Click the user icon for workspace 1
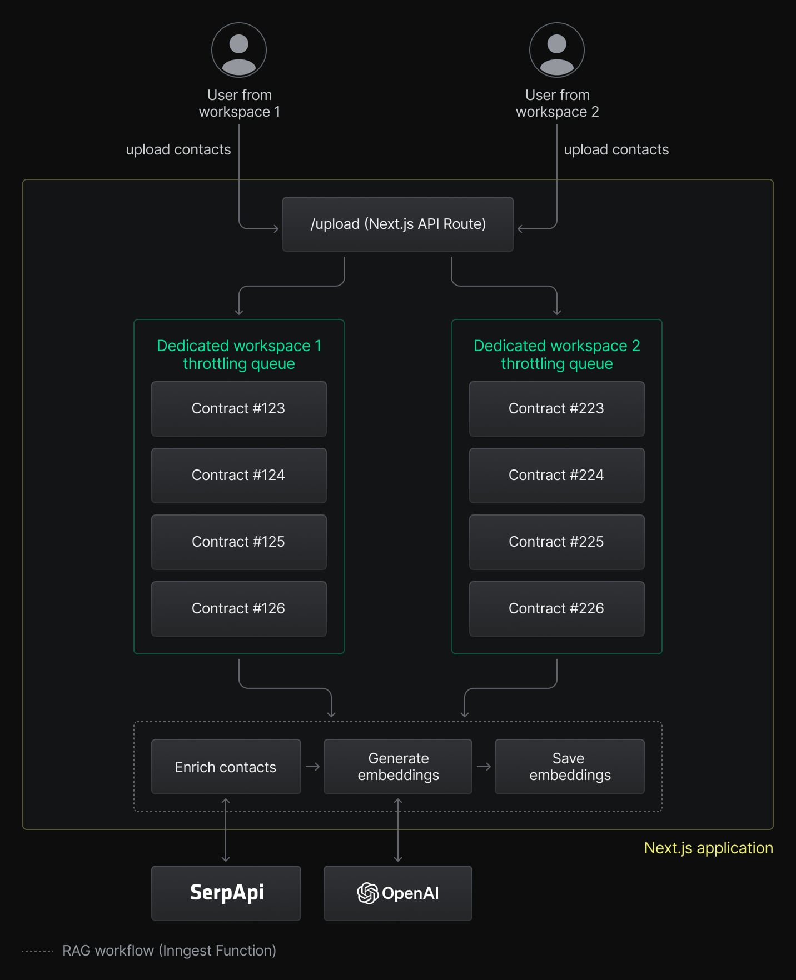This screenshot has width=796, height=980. tap(239, 50)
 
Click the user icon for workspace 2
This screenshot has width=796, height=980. tap(557, 50)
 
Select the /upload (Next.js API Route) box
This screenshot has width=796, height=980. tap(397, 224)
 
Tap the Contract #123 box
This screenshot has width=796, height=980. tap(238, 409)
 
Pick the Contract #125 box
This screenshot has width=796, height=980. tap(238, 542)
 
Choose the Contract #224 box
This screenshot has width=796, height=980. tap(556, 476)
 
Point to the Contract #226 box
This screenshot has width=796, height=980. tap(556, 609)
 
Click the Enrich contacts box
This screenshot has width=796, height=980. tap(226, 767)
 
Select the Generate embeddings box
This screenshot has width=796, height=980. tap(398, 767)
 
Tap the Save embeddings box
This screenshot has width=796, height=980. tap(570, 767)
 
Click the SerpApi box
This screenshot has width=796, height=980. tap(226, 893)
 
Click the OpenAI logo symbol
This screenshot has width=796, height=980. tap(367, 893)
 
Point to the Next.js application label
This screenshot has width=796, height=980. tap(708, 848)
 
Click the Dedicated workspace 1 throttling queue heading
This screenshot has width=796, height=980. tap(239, 354)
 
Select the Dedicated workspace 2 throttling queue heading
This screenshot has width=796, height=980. tap(556, 354)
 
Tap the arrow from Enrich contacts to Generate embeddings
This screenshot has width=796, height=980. tap(313, 767)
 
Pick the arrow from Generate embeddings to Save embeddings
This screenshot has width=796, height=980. tap(484, 767)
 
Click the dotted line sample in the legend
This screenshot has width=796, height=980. tap(38, 951)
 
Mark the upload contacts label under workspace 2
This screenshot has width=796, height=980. tap(616, 149)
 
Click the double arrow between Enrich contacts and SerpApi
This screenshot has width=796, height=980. tap(226, 830)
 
